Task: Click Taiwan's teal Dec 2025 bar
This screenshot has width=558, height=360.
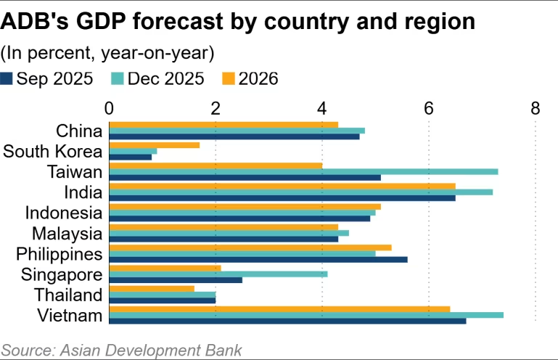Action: [x=303, y=171]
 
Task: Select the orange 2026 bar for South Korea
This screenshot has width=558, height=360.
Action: [x=154, y=144]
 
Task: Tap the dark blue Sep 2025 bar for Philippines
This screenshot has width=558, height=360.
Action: [x=258, y=260]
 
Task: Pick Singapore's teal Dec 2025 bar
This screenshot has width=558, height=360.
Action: [x=218, y=274]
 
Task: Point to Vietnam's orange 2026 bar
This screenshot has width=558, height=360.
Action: [x=279, y=308]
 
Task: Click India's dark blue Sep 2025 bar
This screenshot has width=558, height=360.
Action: [x=282, y=198]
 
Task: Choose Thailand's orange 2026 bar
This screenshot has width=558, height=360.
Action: [x=152, y=288]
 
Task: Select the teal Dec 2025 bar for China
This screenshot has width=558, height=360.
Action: [x=237, y=131]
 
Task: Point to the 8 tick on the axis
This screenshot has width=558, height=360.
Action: [x=536, y=108]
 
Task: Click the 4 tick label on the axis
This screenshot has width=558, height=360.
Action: [x=322, y=108]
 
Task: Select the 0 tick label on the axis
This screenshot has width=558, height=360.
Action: [x=110, y=108]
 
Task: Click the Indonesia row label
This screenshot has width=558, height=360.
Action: [x=63, y=213]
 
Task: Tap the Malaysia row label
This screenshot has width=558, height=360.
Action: [x=67, y=234]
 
